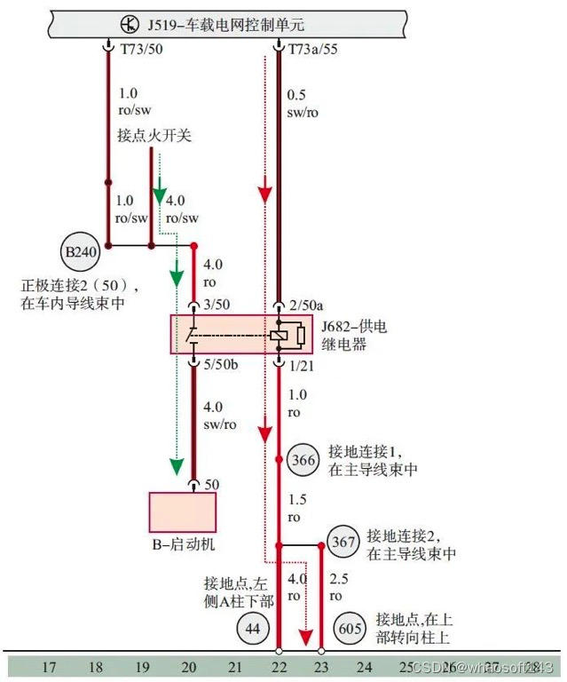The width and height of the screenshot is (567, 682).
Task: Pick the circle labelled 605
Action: [351, 629]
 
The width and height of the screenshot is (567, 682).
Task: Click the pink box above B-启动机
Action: [182, 511]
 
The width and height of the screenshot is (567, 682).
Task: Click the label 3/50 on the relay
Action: [217, 305]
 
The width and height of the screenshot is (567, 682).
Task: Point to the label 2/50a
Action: [307, 305]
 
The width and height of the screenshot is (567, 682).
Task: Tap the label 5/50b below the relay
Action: [221, 364]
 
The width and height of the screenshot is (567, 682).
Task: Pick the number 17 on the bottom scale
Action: [50, 665]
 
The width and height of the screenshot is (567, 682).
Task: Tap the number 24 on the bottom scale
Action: [364, 665]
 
